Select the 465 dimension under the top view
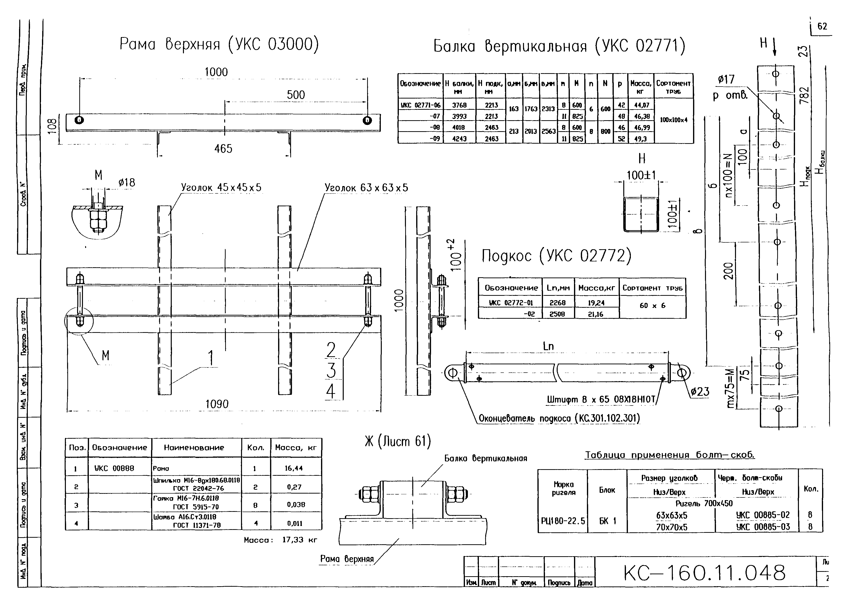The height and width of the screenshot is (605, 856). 223,149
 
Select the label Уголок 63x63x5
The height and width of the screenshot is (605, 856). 366,188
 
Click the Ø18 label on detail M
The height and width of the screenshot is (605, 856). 127,183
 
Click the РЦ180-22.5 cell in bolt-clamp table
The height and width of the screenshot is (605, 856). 563,521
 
